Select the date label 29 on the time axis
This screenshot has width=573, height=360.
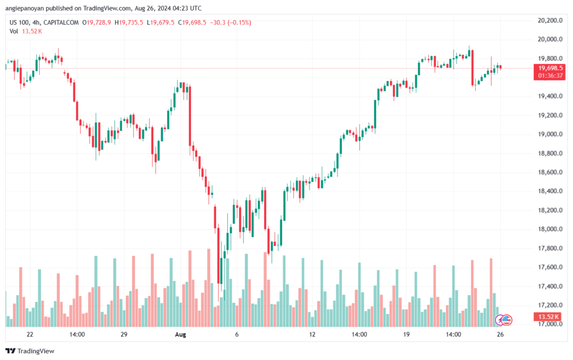[x=124, y=334]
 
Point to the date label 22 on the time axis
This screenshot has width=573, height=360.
[x=30, y=334]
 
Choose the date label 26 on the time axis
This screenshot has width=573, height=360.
[x=501, y=334]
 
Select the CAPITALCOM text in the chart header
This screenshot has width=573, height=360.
[x=63, y=22]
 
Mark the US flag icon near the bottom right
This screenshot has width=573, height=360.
[x=506, y=320]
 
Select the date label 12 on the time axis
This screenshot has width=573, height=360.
[x=312, y=334]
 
